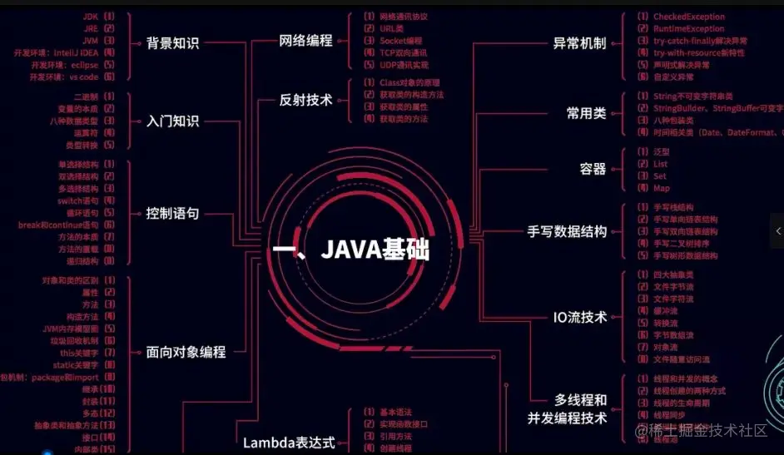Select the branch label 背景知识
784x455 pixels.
click(172, 43)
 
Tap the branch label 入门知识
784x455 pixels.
click(172, 121)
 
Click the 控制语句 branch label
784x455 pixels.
click(172, 214)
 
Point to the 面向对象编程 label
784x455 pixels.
click(186, 352)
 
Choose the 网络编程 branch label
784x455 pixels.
click(305, 40)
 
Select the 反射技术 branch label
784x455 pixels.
click(305, 100)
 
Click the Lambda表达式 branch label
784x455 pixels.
click(289, 443)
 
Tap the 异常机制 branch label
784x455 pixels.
click(579, 43)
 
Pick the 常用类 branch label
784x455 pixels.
click(586, 113)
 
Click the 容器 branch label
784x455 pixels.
click(593, 169)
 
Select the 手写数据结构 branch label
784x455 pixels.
click(567, 232)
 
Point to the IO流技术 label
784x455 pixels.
click(580, 317)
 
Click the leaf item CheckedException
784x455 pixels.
click(688, 17)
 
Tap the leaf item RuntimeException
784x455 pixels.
click(688, 29)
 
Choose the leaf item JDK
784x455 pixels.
click(91, 17)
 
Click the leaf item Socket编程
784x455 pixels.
click(400, 41)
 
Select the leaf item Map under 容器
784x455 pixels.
click(660, 188)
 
